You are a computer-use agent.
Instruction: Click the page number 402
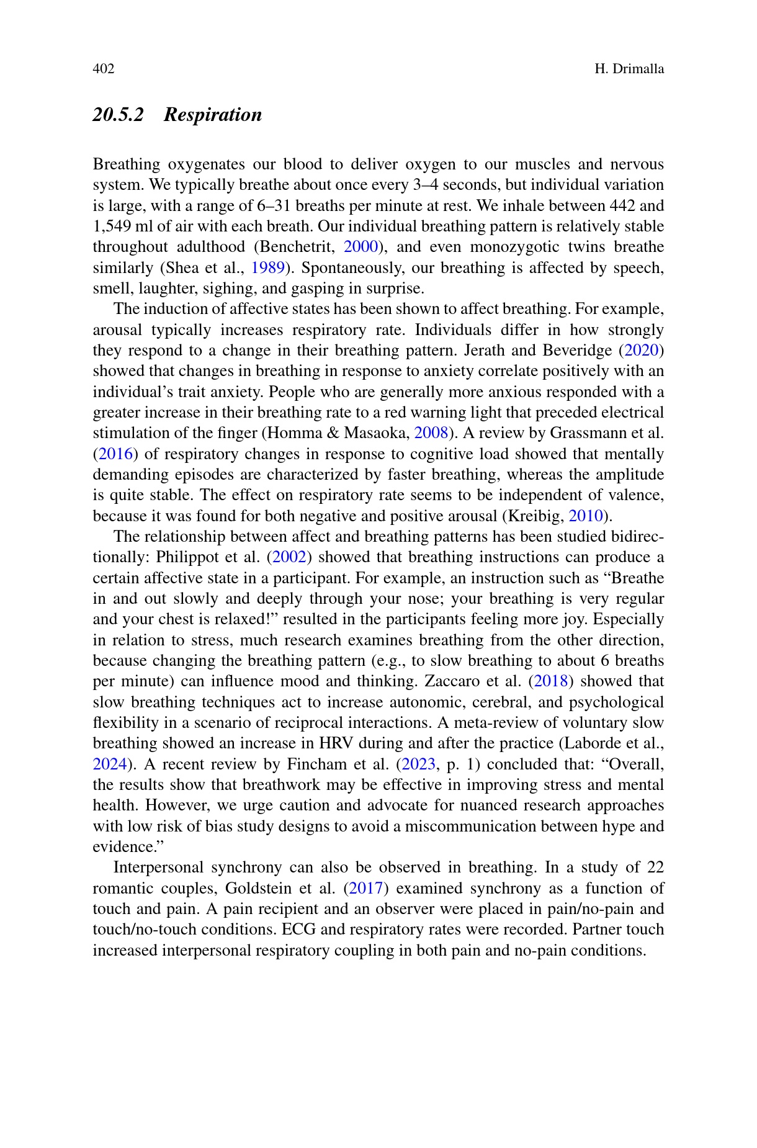104,69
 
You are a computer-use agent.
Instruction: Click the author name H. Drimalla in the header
629,69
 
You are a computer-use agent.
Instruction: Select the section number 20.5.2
118,115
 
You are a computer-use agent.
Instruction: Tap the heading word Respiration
213,115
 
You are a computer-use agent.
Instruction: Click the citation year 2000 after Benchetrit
361,247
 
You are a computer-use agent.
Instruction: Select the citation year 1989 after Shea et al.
267,268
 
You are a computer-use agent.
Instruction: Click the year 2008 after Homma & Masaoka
431,433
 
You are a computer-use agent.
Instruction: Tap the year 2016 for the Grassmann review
115,454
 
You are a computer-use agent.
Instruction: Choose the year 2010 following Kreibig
586,516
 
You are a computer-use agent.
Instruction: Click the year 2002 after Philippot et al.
289,557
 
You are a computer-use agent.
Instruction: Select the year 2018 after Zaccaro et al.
550,681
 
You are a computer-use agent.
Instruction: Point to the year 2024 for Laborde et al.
110,764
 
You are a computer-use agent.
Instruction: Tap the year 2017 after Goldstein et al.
366,888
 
